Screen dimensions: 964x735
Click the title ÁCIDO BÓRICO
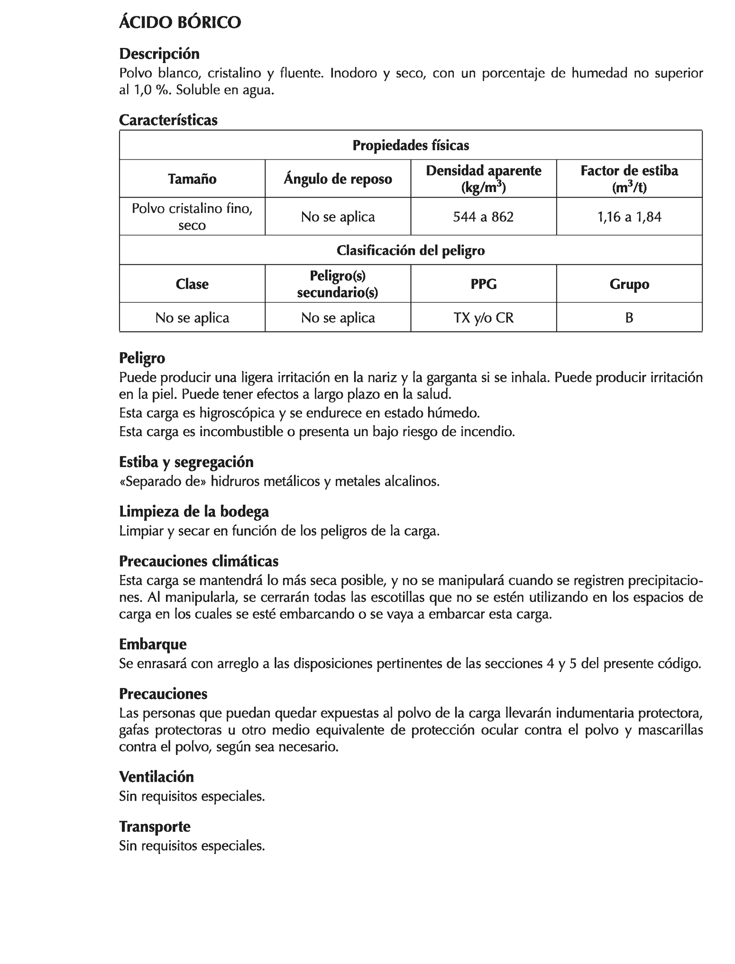pyautogui.click(x=180, y=22)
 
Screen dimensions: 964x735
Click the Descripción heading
pyautogui.click(x=159, y=54)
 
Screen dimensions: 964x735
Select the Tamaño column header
pyautogui.click(x=192, y=179)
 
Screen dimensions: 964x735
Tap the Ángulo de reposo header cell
pyautogui.click(x=338, y=179)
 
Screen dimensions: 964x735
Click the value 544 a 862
pyautogui.click(x=483, y=217)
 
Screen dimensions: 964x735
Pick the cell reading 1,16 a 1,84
pyautogui.click(x=629, y=217)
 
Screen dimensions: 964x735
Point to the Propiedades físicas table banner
pyautogui.click(x=410, y=145)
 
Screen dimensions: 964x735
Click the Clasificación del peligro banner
pyautogui.click(x=410, y=250)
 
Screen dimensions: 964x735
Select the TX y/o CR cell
pyautogui.click(x=483, y=318)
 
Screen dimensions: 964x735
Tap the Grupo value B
pyautogui.click(x=629, y=318)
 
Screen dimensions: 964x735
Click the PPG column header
pyautogui.click(x=483, y=284)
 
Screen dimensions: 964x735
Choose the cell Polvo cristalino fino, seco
pyautogui.click(x=192, y=217)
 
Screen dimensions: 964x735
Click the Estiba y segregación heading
pyautogui.click(x=186, y=462)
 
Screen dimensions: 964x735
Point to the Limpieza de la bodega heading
pyautogui.click(x=194, y=512)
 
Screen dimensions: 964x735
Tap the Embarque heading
pyautogui.click(x=153, y=644)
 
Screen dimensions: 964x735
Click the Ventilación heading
pyautogui.click(x=156, y=777)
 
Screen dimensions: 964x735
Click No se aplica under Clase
pyautogui.click(x=192, y=318)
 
